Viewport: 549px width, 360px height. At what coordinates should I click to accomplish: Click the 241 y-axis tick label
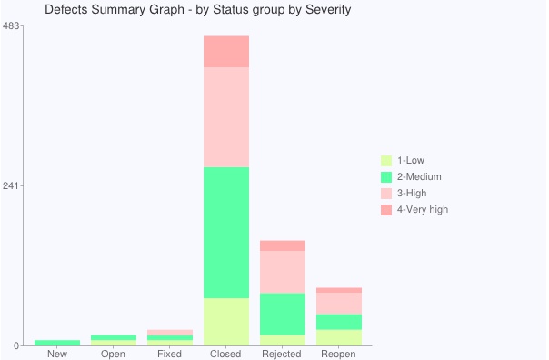point(11,185)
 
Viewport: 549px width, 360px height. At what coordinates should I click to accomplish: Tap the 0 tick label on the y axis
point(15,345)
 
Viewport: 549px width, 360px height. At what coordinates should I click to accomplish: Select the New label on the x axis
point(57,354)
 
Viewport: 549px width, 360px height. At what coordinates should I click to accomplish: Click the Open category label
point(114,354)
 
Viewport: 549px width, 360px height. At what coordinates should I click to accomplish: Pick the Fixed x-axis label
point(169,354)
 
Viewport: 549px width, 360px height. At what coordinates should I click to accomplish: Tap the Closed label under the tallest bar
point(225,354)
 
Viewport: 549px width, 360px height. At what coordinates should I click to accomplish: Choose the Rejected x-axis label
point(282,354)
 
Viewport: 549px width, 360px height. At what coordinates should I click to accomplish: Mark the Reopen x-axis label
point(338,354)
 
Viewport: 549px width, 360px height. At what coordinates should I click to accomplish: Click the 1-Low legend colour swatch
point(386,161)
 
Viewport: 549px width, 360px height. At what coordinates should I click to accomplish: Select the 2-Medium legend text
point(419,177)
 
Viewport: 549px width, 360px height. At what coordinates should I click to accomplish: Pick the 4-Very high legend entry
point(423,210)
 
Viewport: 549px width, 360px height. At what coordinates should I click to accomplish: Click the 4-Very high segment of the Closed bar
point(226,52)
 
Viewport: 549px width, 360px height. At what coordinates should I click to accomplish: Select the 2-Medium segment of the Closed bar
point(226,233)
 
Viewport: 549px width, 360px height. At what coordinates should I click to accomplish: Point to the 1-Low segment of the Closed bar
point(226,322)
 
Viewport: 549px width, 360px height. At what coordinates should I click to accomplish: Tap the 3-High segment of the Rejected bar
point(283,272)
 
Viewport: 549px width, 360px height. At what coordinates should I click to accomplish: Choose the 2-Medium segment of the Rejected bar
point(283,314)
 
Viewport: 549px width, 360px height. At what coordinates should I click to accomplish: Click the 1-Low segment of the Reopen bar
point(339,337)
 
